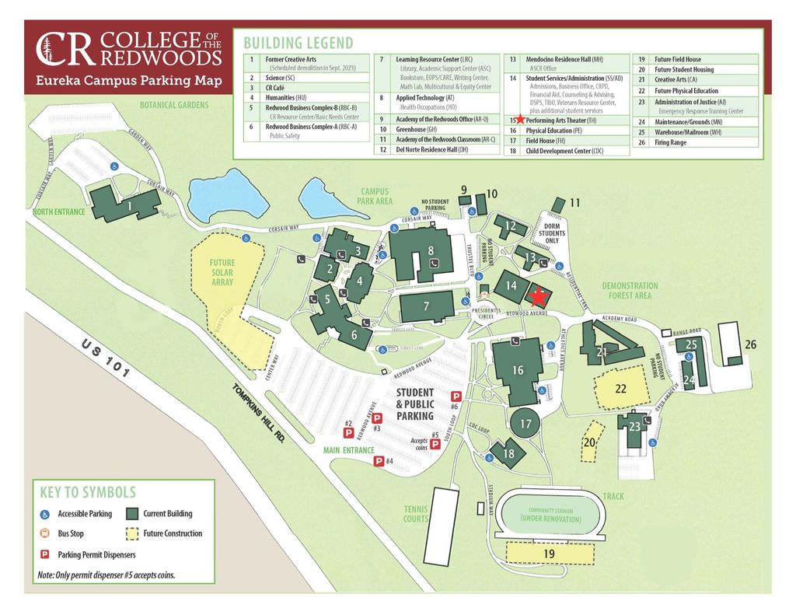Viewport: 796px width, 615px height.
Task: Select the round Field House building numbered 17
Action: pos(526,424)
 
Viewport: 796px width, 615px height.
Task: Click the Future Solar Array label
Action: pos(222,273)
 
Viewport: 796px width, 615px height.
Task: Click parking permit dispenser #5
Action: pos(436,444)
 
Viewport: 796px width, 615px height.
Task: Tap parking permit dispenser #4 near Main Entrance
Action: pos(379,461)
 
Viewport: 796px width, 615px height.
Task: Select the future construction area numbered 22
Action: pos(620,388)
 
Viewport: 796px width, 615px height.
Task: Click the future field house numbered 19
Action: pos(549,553)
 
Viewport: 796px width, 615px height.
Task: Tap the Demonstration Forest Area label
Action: pos(630,291)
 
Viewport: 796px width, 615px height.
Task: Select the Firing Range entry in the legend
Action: pos(670,142)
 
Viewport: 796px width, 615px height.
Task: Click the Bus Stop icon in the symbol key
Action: pos(45,534)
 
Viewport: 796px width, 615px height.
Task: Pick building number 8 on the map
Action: pos(430,251)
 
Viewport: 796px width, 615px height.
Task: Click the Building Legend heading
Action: pos(298,43)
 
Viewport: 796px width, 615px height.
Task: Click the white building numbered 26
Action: pos(730,342)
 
